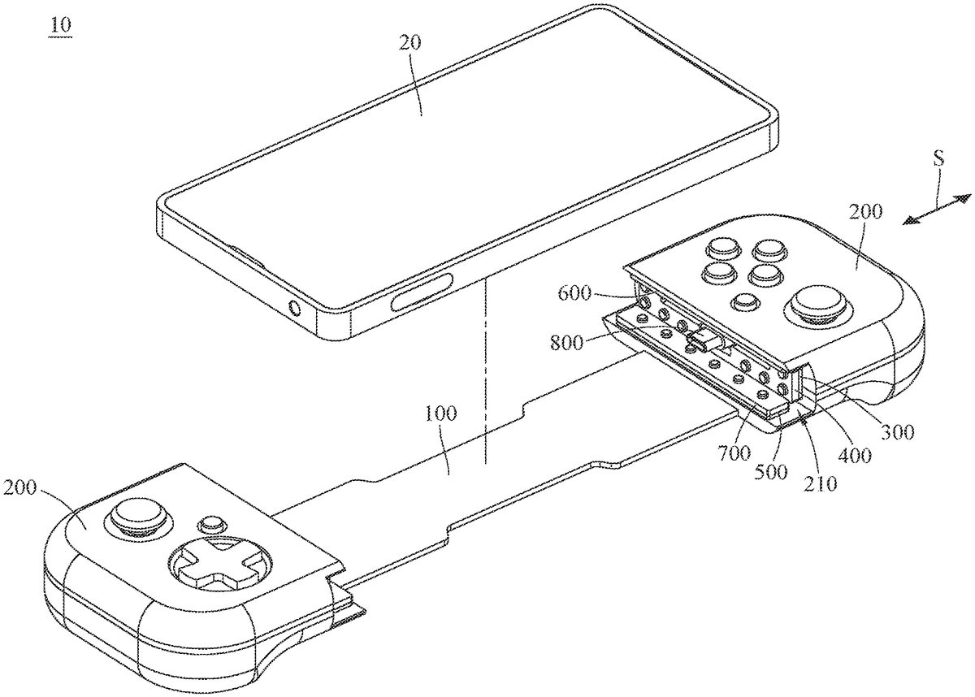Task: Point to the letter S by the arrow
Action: point(938,159)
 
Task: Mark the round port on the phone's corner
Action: point(292,309)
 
